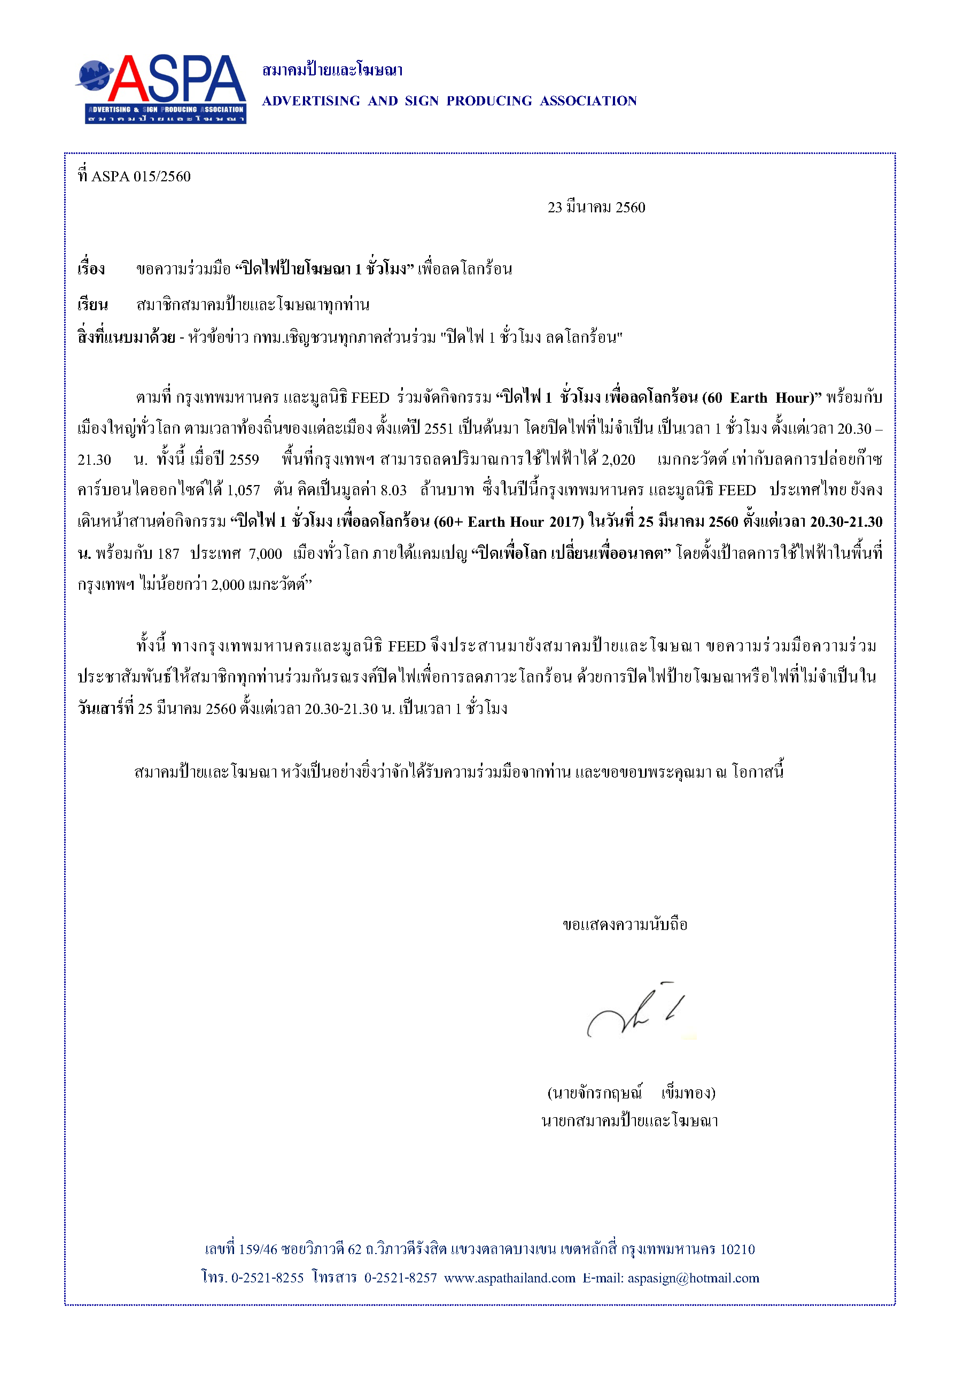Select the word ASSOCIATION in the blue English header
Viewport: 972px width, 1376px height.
[x=588, y=101]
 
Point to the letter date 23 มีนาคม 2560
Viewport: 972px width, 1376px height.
[x=596, y=207]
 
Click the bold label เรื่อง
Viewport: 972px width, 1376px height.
[x=91, y=269]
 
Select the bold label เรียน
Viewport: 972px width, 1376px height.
[x=92, y=305]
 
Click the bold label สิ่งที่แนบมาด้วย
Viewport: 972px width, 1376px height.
[x=126, y=337]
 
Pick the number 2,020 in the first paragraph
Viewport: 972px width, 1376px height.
[x=618, y=460]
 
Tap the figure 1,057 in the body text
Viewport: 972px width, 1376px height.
[x=243, y=490]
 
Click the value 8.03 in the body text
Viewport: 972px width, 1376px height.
[x=393, y=490]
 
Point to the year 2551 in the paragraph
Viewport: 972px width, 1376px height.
[x=439, y=428]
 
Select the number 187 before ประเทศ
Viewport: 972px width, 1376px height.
[x=168, y=554]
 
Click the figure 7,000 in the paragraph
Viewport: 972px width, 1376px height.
[x=265, y=554]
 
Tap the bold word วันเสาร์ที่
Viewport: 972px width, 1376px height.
[x=105, y=709]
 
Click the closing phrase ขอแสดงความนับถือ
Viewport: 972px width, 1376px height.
[x=625, y=925]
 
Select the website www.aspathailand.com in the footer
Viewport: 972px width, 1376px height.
[x=510, y=1278]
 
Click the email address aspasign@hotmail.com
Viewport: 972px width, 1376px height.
[x=693, y=1278]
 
